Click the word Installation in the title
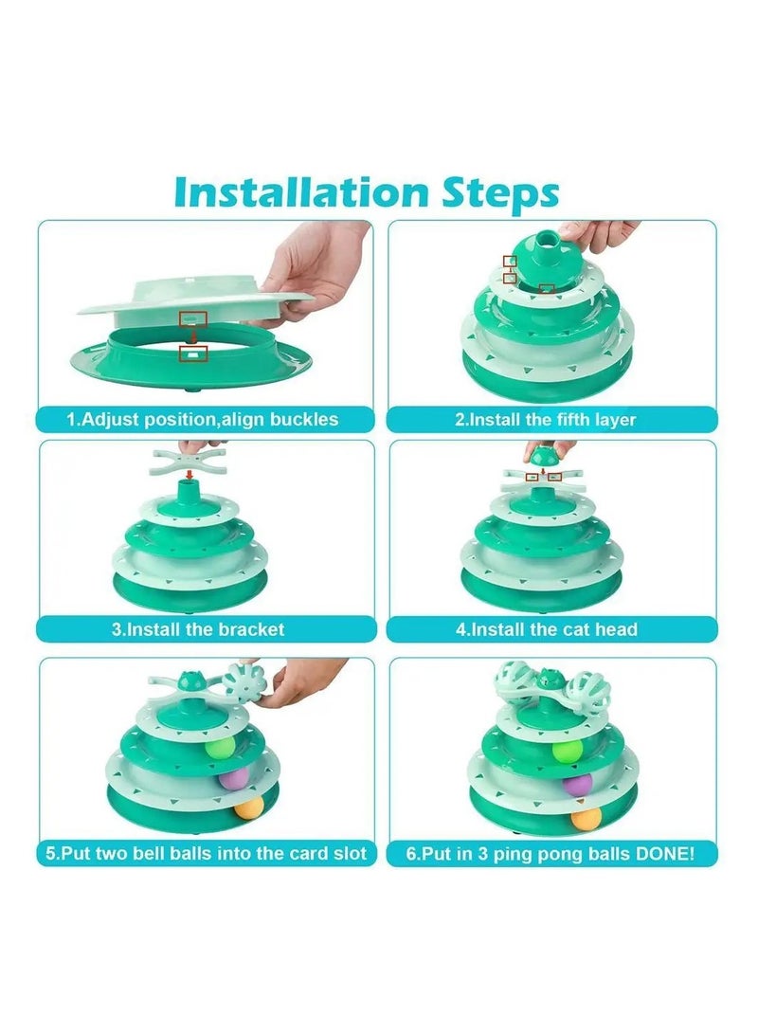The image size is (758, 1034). click(x=301, y=192)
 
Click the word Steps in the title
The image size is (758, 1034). click(x=500, y=194)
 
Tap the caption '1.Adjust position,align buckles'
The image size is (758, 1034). click(x=203, y=420)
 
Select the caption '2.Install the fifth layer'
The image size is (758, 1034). click(x=545, y=420)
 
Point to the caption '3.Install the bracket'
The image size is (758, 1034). click(x=198, y=629)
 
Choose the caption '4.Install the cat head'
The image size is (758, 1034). click(x=547, y=629)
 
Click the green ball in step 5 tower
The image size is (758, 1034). click(x=220, y=748)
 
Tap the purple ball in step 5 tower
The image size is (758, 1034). click(x=231, y=778)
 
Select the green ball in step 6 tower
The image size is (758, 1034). click(x=568, y=751)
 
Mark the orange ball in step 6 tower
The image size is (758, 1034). click(x=586, y=818)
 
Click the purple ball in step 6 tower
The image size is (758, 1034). click(x=577, y=785)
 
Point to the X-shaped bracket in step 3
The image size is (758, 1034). click(x=189, y=461)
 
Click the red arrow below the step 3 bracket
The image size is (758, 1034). click(x=189, y=475)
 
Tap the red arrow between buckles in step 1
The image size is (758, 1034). click(x=193, y=336)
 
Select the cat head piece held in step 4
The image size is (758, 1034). click(x=543, y=454)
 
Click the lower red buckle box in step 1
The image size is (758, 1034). click(x=194, y=354)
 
